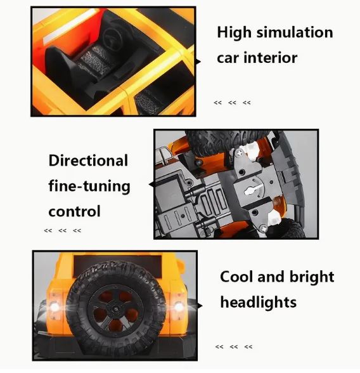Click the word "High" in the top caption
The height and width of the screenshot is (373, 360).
pos(234,33)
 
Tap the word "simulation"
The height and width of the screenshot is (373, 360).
pos(295,32)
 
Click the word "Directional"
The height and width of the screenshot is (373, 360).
pos(88,160)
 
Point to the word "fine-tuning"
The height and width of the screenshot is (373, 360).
pos(89,186)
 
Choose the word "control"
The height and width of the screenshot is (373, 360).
pos(74,211)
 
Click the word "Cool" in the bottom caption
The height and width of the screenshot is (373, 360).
pos(236,277)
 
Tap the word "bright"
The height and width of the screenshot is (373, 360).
pos(312,277)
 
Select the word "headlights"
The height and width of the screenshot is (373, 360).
pos(259,302)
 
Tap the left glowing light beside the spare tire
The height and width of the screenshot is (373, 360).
pos(55,307)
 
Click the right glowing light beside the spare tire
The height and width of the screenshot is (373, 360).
pos(179,306)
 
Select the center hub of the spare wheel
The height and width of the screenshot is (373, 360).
pos(116,308)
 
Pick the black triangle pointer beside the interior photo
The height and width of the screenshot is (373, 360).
pos(198,62)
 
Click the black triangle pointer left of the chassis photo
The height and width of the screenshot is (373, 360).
pos(151,185)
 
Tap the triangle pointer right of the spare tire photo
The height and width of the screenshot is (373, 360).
pos(200,306)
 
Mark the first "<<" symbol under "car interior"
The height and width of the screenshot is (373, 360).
pos(217,103)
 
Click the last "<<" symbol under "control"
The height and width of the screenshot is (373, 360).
pos(77,230)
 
